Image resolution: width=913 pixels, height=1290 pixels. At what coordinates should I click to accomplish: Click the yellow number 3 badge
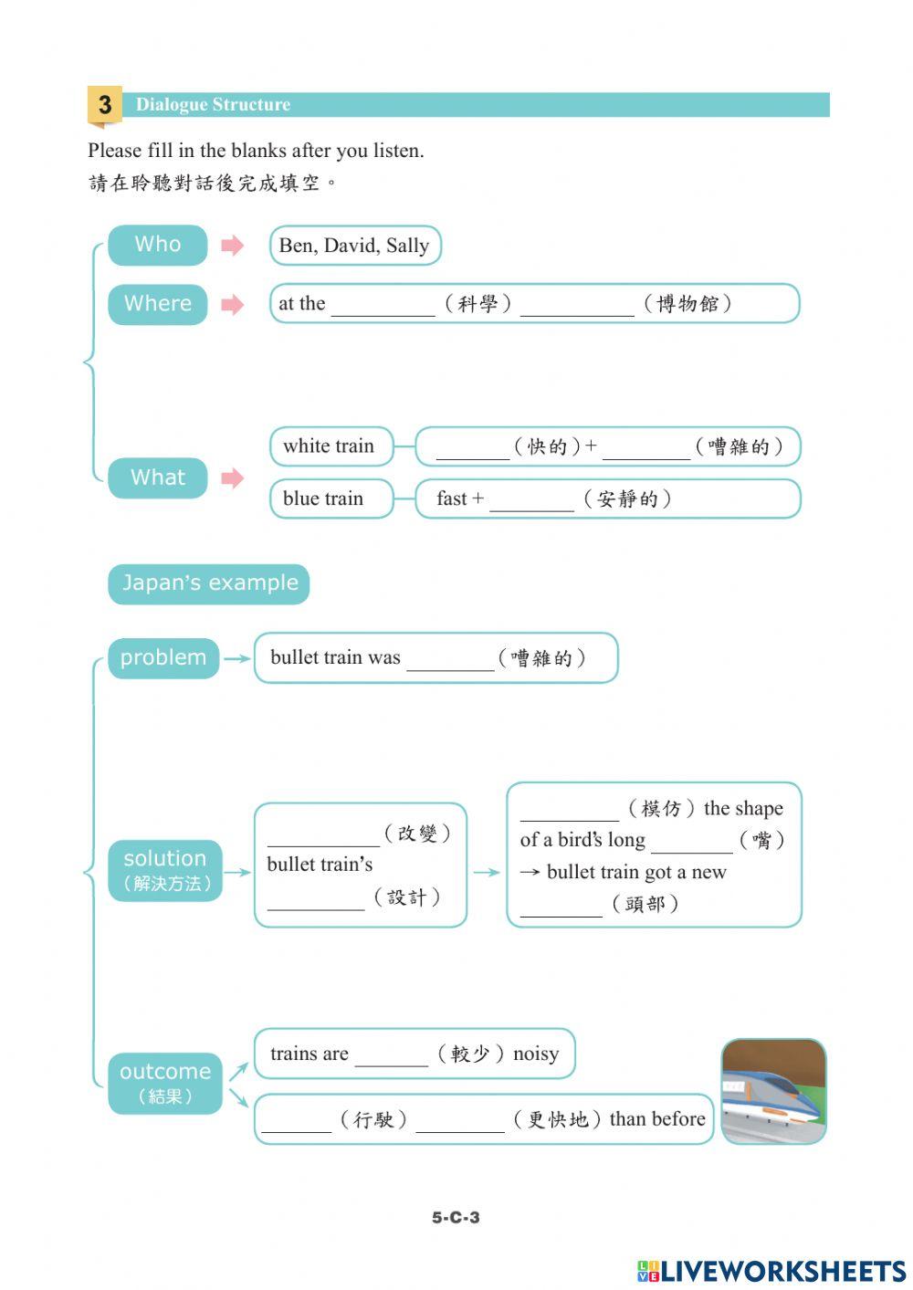[x=105, y=105]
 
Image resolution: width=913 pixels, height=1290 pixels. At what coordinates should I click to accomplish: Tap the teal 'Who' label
[x=158, y=245]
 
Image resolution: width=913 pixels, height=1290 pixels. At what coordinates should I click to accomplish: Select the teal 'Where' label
[x=158, y=304]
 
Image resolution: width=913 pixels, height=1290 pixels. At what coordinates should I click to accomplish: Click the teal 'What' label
[x=158, y=477]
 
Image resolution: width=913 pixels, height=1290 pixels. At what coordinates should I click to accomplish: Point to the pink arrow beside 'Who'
[x=233, y=245]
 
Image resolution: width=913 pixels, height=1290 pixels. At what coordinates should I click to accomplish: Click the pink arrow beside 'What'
[x=233, y=477]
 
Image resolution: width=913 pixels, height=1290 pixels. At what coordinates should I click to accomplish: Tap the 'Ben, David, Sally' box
[x=354, y=246]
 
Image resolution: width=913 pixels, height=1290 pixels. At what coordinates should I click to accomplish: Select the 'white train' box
[x=331, y=446]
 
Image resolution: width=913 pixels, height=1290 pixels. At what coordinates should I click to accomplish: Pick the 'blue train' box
[x=331, y=498]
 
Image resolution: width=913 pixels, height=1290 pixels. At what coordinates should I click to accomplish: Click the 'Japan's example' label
[x=209, y=583]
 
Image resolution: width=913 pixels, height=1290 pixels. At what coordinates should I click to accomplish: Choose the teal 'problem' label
[x=163, y=658]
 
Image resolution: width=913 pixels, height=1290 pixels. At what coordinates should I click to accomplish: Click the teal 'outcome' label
[x=165, y=1083]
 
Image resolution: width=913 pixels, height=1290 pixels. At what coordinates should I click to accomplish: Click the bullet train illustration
[x=773, y=1091]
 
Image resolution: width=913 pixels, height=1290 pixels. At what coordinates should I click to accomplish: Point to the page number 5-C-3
[x=456, y=1217]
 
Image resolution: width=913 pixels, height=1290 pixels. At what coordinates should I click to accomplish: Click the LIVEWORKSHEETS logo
[x=771, y=1271]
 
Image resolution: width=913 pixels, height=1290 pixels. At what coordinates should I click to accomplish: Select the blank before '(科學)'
[x=383, y=306]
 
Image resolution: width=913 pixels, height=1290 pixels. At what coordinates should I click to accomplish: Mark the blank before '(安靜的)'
[x=531, y=501]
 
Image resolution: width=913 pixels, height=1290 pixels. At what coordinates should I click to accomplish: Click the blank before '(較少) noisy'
[x=391, y=1056]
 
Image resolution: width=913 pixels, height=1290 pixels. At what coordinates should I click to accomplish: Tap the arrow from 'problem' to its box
[x=236, y=658]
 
